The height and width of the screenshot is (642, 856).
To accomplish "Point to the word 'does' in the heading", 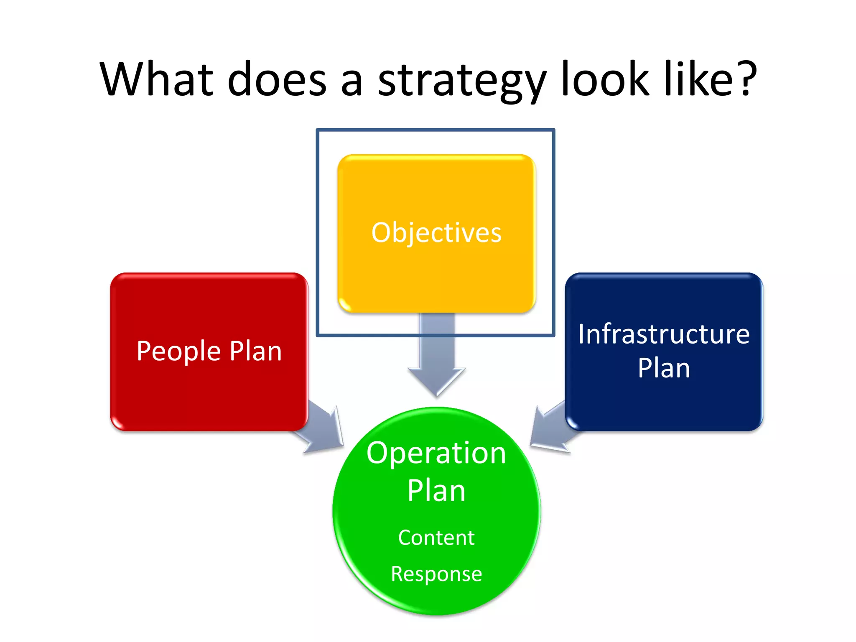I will coord(276,79).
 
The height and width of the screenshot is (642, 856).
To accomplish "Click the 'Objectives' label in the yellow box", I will coord(436,233).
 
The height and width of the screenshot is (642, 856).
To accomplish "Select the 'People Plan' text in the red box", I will coord(209,351).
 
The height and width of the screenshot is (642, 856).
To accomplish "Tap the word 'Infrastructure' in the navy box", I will coord(664,334).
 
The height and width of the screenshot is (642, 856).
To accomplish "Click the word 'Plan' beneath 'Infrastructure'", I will coord(664,368).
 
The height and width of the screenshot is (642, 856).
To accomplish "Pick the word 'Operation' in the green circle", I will coord(436,453).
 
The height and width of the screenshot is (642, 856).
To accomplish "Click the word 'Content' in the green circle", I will coord(436,538).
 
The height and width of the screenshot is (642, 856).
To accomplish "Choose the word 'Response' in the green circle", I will coord(436,574).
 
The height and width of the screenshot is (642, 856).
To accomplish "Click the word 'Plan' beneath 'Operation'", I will coord(436,491).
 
